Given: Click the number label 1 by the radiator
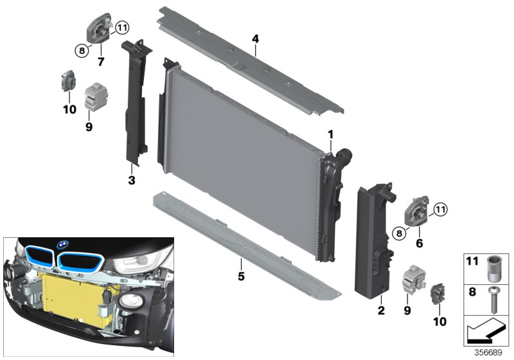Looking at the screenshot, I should pyautogui.click(x=330, y=134).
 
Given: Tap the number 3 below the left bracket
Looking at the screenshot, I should pyautogui.click(x=131, y=181).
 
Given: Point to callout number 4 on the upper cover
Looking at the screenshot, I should pyautogui.click(x=255, y=39).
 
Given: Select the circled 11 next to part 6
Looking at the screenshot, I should pyautogui.click(x=439, y=208).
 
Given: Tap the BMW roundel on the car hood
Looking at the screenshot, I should pyautogui.click(x=63, y=244).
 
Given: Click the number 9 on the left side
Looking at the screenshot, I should pyautogui.click(x=89, y=127).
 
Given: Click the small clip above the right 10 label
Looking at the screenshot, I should pyautogui.click(x=439, y=292).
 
